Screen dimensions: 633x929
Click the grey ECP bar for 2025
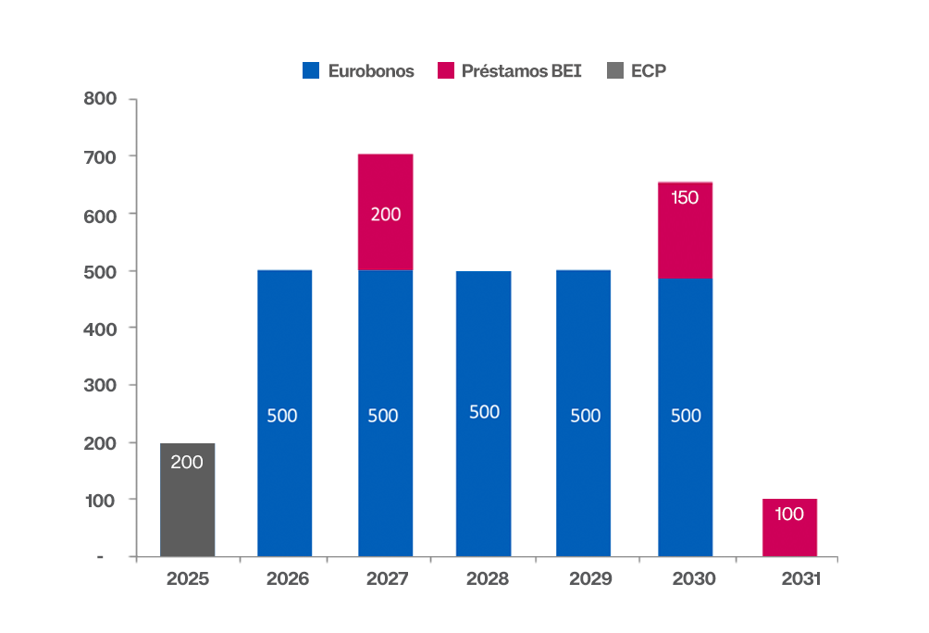tap(187, 500)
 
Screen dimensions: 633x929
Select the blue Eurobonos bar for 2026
tap(284, 413)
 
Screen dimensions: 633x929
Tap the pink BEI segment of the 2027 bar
tap(385, 212)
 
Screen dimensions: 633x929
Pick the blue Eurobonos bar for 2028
tap(483, 413)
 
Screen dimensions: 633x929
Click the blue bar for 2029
tap(584, 413)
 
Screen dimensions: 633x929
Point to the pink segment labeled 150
tap(685, 230)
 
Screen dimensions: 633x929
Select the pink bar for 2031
tap(789, 527)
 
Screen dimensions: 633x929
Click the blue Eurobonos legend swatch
tap(311, 70)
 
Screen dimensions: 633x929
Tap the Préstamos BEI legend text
tap(521, 70)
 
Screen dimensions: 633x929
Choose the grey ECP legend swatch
tap(614, 70)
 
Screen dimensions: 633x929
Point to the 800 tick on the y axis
tap(99, 99)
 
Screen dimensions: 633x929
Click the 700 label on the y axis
tap(99, 156)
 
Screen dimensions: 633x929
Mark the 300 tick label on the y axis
tap(99, 385)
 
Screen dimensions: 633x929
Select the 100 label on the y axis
tap(99, 500)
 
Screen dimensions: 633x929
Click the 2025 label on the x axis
tap(188, 580)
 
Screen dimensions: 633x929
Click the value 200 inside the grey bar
tap(187, 462)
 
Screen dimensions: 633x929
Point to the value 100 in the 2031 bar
tap(789, 514)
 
